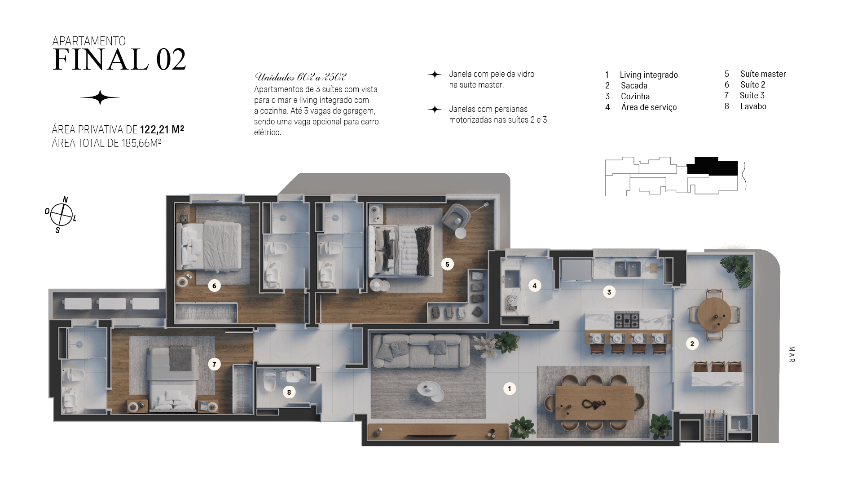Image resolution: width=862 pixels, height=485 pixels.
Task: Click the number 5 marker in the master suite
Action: pos(447,264)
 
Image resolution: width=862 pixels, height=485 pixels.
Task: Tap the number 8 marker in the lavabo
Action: pos(289,392)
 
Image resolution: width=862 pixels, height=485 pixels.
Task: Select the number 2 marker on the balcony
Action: pos(692,344)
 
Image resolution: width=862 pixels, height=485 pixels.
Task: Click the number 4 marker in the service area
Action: pos(534,285)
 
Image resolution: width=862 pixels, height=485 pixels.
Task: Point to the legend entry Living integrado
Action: pos(649,75)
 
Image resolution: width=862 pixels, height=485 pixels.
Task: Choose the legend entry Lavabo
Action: pos(753,106)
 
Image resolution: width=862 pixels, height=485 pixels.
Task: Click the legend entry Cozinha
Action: pos(635,97)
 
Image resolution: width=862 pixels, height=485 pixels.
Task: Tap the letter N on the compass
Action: pos(66,199)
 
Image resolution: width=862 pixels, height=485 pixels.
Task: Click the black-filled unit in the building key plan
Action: pos(712,166)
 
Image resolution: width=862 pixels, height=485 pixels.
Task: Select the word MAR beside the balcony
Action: pos(792,354)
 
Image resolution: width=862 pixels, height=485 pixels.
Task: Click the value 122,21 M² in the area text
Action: pos(162,130)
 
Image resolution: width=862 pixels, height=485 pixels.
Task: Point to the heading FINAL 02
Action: pos(119,60)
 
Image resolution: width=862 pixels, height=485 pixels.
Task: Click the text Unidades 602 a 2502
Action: pos(300,77)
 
